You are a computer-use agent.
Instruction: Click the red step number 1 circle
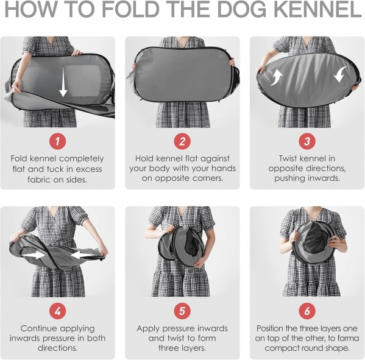pyautogui.click(x=57, y=141)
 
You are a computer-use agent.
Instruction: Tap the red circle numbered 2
pyautogui.click(x=182, y=141)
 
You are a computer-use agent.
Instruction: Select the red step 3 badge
pyautogui.click(x=307, y=141)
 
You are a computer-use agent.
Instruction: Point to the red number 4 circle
pyautogui.click(x=57, y=311)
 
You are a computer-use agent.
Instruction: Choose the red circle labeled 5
pyautogui.click(x=182, y=311)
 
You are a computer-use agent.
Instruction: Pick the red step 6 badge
pyautogui.click(x=307, y=311)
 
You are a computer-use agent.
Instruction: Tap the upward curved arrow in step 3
pyautogui.click(x=276, y=78)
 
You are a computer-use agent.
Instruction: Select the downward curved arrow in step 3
pyautogui.click(x=340, y=74)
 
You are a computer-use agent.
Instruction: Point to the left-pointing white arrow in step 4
pyautogui.click(x=83, y=255)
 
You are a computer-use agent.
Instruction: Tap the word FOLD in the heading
pyautogui.click(x=130, y=9)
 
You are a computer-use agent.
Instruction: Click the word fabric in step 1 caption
pyautogui.click(x=39, y=180)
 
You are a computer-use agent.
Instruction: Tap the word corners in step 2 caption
pyautogui.click(x=208, y=178)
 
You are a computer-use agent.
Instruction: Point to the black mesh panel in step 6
pyautogui.click(x=315, y=242)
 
